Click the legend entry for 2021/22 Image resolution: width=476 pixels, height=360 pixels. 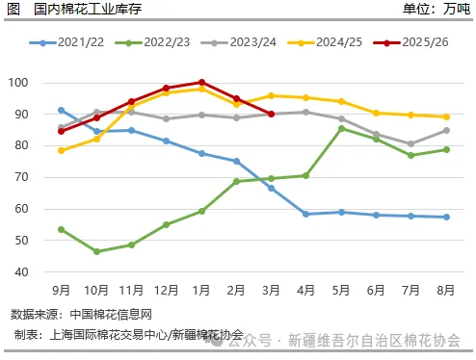[x=67, y=43]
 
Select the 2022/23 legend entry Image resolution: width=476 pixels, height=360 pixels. [x=153, y=43]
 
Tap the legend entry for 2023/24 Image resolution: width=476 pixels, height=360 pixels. [x=240, y=43]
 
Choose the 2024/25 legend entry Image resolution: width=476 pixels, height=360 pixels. [x=327, y=43]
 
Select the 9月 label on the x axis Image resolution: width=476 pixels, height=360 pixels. [x=62, y=288]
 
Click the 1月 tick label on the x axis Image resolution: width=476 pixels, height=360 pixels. [x=201, y=288]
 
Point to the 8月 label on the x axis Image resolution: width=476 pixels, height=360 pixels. [x=446, y=288]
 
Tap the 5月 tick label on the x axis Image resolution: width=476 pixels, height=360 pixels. [x=341, y=288]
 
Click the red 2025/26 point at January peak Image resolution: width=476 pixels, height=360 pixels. [x=201, y=83]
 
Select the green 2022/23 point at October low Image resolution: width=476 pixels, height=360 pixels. [x=96, y=251]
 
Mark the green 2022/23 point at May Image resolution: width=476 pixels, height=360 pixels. [x=341, y=128]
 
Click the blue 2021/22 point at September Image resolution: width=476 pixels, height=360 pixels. [x=62, y=110]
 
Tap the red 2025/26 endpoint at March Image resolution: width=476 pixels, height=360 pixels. [x=272, y=114]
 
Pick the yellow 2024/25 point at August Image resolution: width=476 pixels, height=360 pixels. [x=446, y=116]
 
